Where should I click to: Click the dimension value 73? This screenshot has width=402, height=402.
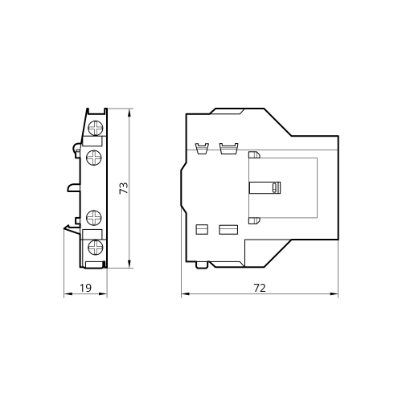124,188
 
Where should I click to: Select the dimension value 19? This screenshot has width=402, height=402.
85,288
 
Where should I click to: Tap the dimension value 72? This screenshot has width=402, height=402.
260,288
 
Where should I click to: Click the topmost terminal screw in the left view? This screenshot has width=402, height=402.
96,128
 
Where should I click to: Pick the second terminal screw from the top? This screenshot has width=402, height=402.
94,158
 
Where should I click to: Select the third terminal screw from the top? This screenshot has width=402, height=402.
94,217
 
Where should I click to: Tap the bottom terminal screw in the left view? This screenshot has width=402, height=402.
96,247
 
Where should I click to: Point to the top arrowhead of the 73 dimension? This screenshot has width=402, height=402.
129,113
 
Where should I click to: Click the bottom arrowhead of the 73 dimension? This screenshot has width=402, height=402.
129,264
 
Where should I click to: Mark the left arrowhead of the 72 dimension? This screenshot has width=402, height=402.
186,294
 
